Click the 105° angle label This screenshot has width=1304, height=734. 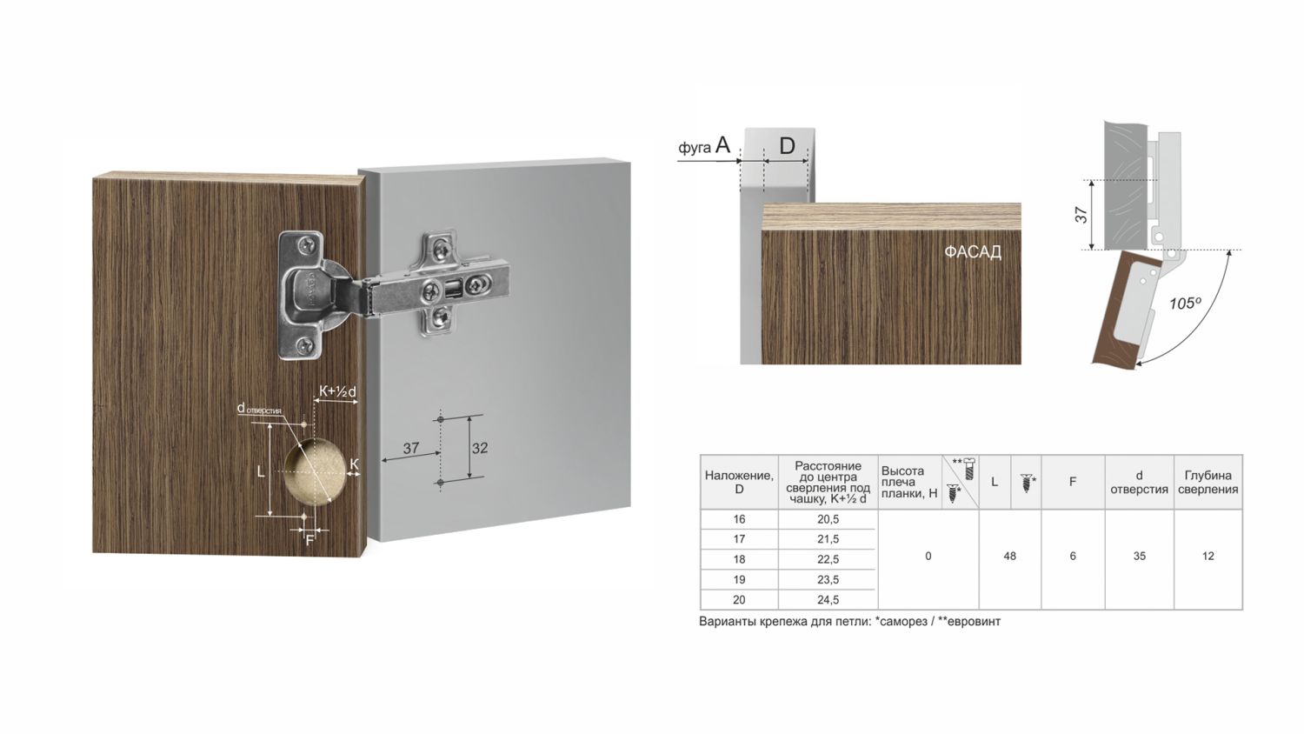[x=1185, y=304]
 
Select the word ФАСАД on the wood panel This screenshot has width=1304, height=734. [x=973, y=252]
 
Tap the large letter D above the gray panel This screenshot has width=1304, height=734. [x=787, y=145]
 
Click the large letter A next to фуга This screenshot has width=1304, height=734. [x=722, y=144]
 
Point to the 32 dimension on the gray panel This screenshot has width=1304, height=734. [x=480, y=448]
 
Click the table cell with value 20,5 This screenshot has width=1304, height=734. [x=828, y=519]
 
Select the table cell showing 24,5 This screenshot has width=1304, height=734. [x=828, y=599]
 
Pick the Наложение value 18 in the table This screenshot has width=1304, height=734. [x=739, y=559]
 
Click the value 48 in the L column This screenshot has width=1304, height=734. [x=1009, y=557]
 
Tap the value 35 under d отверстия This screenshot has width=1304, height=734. [x=1139, y=557]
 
